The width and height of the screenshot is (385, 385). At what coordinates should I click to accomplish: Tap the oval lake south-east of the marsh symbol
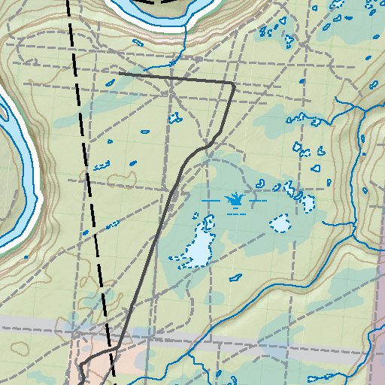282,223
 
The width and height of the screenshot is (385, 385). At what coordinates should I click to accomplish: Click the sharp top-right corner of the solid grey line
234,84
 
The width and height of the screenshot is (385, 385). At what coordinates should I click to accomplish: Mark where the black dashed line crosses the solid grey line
112,350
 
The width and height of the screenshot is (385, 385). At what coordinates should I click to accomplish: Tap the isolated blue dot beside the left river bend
26,257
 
